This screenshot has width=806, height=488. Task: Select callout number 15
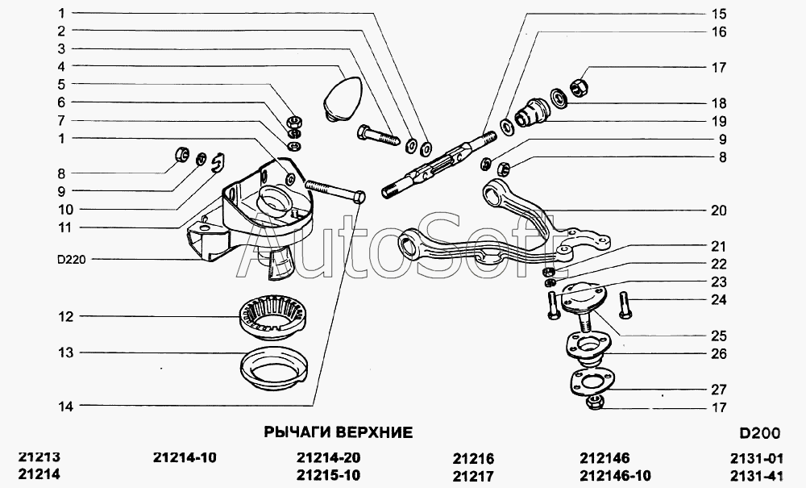(x=718, y=14)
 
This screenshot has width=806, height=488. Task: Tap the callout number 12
(x=65, y=317)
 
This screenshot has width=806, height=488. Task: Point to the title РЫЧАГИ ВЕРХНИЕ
(x=339, y=432)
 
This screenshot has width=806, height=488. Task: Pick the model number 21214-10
(x=185, y=457)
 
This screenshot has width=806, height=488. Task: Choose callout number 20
(x=718, y=211)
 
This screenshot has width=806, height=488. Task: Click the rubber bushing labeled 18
(x=529, y=112)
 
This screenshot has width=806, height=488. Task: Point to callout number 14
(x=65, y=407)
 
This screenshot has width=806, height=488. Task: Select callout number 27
(x=718, y=390)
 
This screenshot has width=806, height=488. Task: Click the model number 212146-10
(x=615, y=475)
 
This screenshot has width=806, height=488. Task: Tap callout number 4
(x=60, y=66)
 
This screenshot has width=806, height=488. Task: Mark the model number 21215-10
(x=328, y=475)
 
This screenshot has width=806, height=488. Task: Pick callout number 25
(x=718, y=336)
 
